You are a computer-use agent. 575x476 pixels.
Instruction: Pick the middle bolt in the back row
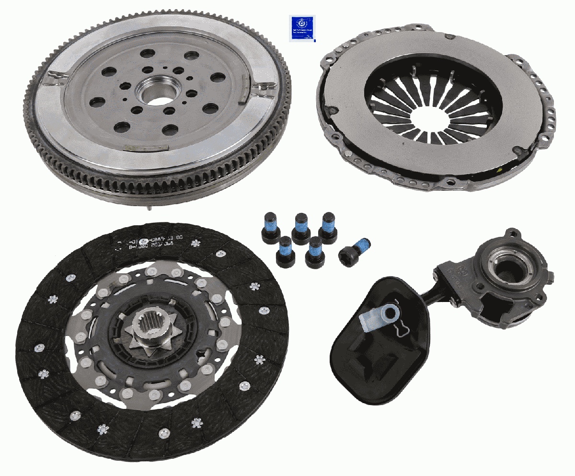[301, 229]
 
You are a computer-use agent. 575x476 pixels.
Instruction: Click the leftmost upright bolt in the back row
[270, 229]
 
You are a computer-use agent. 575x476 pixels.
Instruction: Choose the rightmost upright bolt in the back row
[328, 226]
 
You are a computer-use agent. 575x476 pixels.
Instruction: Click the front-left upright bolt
[286, 252]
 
